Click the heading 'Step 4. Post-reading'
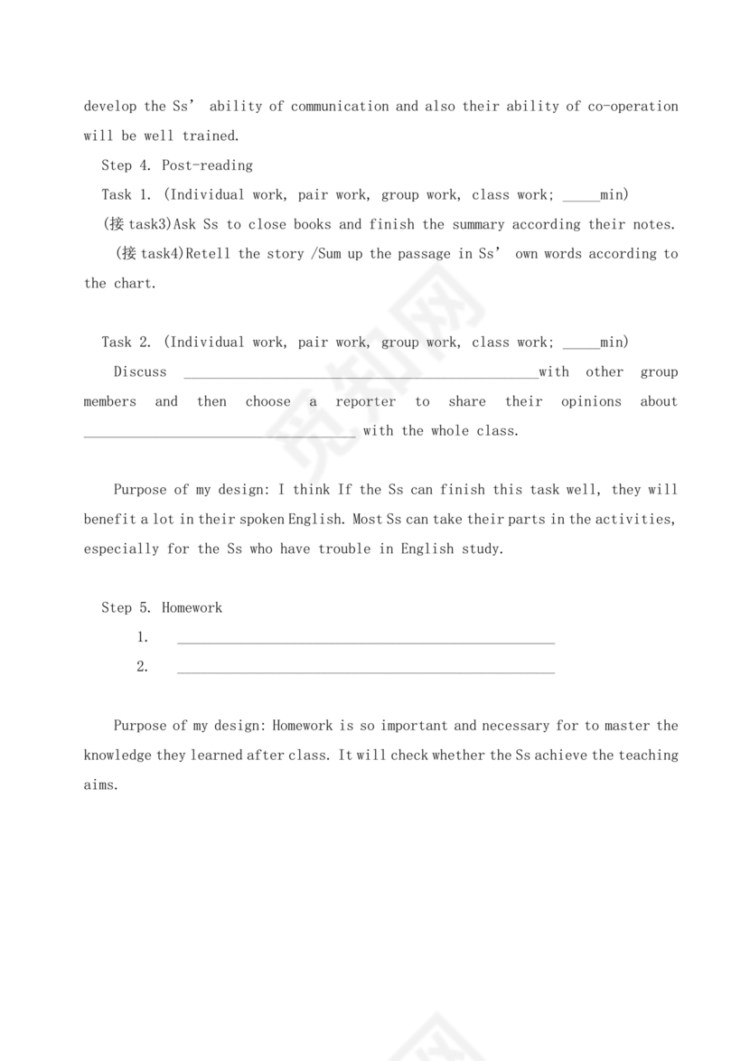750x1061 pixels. pyautogui.click(x=177, y=165)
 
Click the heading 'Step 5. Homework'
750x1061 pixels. pyautogui.click(x=162, y=607)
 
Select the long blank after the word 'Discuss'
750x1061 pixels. pyautogui.click(x=361, y=375)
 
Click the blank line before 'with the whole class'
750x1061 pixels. pyautogui.click(x=220, y=434)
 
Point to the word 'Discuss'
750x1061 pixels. pyautogui.click(x=140, y=371)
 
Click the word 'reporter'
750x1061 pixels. pyautogui.click(x=365, y=401)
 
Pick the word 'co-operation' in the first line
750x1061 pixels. pyautogui.click(x=633, y=106)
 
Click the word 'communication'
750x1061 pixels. pyautogui.click(x=340, y=106)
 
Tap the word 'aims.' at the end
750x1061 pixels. pyautogui.click(x=101, y=784)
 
